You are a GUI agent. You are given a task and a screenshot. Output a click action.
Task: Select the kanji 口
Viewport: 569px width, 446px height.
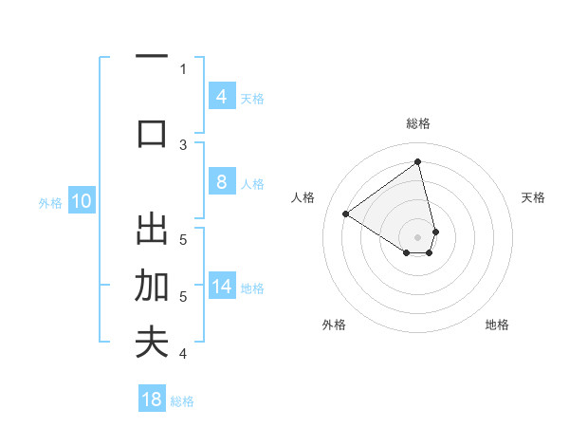[x=152, y=132]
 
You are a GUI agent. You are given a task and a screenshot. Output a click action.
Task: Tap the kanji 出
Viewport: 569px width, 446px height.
[x=152, y=231]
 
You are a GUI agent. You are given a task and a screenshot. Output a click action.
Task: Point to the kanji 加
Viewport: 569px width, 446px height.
[x=152, y=286]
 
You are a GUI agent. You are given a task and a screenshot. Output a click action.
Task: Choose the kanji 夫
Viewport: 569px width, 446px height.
[x=152, y=343]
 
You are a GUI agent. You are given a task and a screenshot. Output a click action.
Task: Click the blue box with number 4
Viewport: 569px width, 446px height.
[x=221, y=96]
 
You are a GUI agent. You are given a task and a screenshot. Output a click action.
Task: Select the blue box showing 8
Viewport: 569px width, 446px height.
[x=221, y=182]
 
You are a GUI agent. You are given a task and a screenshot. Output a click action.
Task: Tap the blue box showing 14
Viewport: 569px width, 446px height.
[x=221, y=288]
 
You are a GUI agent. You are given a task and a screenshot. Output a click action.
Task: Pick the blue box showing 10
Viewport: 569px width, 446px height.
[x=83, y=201]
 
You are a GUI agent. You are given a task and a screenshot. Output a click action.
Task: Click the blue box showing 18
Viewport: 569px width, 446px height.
[x=152, y=400]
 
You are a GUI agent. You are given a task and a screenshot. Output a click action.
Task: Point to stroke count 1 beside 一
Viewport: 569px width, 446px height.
[x=183, y=68]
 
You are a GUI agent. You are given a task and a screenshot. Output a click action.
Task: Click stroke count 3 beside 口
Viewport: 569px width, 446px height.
[x=183, y=144]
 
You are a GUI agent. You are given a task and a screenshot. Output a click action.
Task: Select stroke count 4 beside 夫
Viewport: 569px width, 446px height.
[x=183, y=354]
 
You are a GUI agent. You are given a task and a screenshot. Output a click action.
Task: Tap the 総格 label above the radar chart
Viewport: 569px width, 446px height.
[x=418, y=123]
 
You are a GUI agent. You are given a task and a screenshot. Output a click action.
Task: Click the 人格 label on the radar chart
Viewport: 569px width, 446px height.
[x=303, y=197]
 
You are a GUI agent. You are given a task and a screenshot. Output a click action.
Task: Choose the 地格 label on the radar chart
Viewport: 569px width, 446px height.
[x=497, y=325]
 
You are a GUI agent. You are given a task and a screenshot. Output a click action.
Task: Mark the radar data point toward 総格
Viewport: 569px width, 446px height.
[x=418, y=161]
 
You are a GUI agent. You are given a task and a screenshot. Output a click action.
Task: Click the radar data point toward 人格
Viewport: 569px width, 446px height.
[x=346, y=214]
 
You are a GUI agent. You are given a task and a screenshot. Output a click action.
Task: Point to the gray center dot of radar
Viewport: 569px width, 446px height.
[x=418, y=237]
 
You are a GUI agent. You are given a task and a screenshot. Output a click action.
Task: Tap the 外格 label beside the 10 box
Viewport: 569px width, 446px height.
[x=49, y=202]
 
